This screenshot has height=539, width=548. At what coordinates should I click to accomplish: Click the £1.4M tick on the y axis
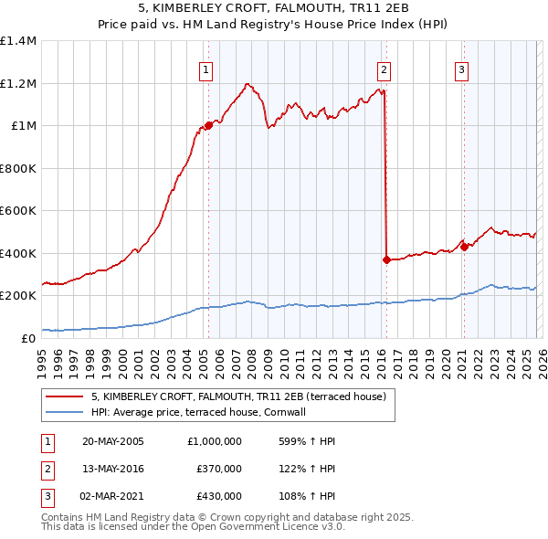(x=18, y=41)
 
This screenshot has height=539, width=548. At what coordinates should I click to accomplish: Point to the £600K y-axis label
(x=18, y=211)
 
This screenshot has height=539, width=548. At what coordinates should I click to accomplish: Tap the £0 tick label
(x=30, y=338)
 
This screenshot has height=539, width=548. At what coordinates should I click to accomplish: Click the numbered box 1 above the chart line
(x=206, y=69)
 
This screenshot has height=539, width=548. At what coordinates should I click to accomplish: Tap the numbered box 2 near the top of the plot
(x=384, y=69)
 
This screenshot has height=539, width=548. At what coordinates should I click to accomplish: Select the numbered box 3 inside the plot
(x=462, y=69)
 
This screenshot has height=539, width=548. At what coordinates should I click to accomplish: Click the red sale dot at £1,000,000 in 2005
(x=208, y=126)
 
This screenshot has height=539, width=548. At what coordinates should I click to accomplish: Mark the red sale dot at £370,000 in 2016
(x=386, y=259)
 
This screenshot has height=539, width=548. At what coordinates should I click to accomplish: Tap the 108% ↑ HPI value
(x=304, y=496)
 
